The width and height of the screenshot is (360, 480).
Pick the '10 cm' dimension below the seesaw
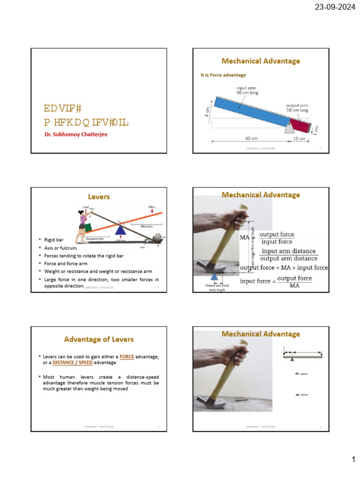299,139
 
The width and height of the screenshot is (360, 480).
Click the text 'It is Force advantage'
223,75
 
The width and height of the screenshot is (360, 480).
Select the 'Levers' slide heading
99,197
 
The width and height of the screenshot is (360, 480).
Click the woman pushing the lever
82,224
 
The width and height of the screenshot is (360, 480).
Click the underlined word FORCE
127,357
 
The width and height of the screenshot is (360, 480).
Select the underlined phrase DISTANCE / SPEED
72,363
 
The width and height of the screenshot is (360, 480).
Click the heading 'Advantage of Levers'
99,339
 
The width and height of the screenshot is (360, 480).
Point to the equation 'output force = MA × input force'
284,268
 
